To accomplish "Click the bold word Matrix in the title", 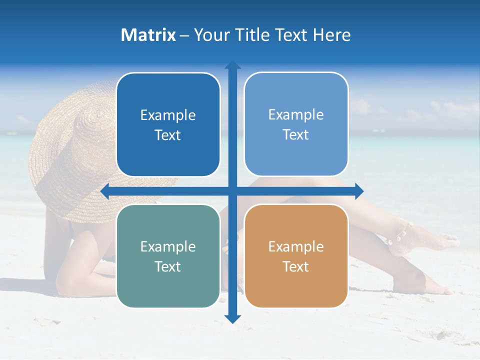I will [x=148, y=35].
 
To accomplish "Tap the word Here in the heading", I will [x=332, y=35].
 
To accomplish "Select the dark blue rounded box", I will [x=168, y=124].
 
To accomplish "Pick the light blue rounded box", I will [x=296, y=124].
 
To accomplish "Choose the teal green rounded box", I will [x=168, y=256].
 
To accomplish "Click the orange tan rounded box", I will [x=296, y=256].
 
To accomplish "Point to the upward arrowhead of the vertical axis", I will [x=232, y=65].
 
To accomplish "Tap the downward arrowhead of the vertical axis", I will [x=232, y=318].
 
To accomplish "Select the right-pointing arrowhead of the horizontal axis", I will [x=359, y=191].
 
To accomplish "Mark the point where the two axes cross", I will [x=232, y=191].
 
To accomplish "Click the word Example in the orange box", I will [x=296, y=246].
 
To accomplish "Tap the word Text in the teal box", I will [x=168, y=266].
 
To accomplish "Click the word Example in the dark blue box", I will [x=168, y=115].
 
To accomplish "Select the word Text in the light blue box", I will [x=296, y=135].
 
